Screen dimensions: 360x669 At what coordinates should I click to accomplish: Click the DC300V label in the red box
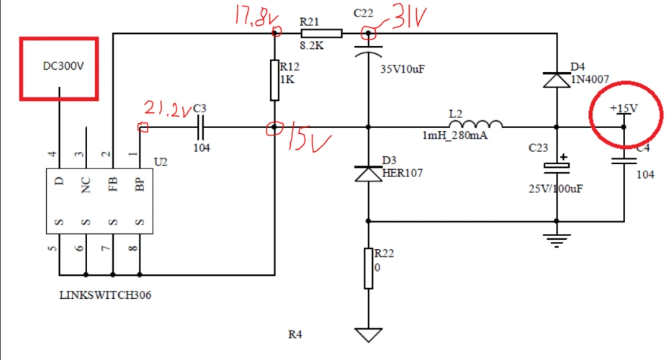(x=59, y=66)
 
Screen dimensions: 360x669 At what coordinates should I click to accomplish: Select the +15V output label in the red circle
(x=624, y=109)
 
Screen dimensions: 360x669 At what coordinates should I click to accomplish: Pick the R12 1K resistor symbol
(x=274, y=80)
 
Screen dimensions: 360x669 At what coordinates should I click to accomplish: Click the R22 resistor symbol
(x=369, y=269)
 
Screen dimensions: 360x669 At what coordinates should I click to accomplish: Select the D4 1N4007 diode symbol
(x=557, y=79)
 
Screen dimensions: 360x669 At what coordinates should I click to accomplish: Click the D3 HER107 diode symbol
(x=369, y=174)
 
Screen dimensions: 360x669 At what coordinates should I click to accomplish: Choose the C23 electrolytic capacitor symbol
(x=557, y=166)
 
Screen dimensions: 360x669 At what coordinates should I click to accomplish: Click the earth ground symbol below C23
(x=557, y=240)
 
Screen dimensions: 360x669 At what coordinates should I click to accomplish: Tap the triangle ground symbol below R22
(x=369, y=334)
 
